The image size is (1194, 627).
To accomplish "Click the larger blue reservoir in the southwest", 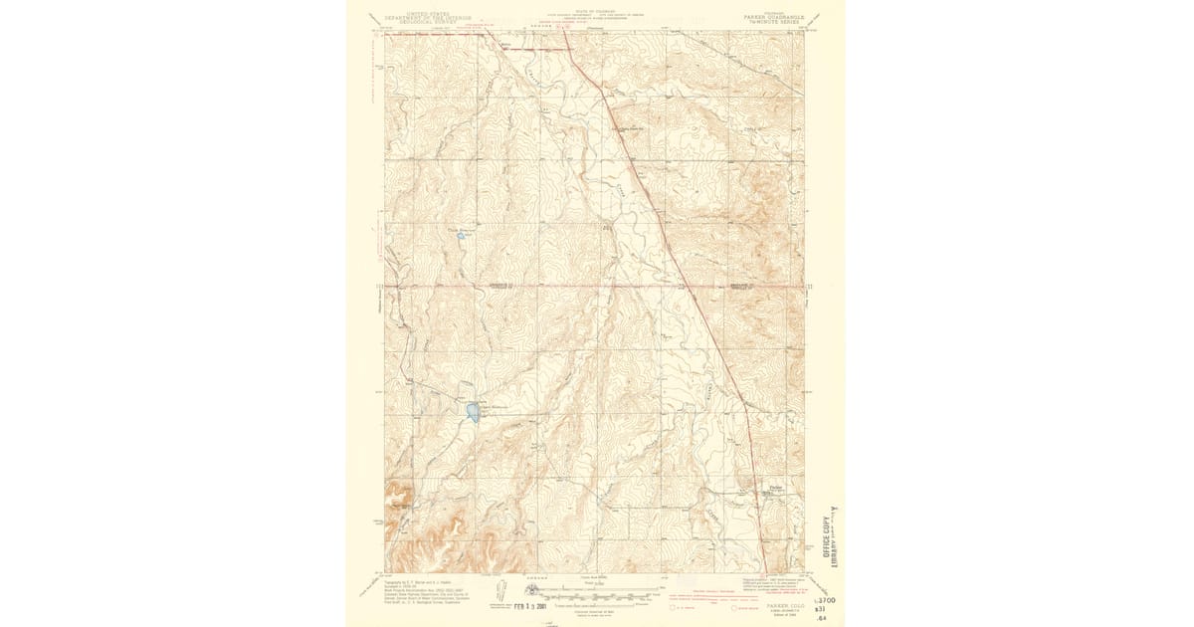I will pyautogui.click(x=472, y=411).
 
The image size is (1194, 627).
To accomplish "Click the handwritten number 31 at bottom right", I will pyautogui.click(x=822, y=610).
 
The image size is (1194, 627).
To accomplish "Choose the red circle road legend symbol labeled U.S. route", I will pyautogui.click(x=674, y=604).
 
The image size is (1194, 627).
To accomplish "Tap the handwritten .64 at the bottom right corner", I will pyautogui.click(x=821, y=620).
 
